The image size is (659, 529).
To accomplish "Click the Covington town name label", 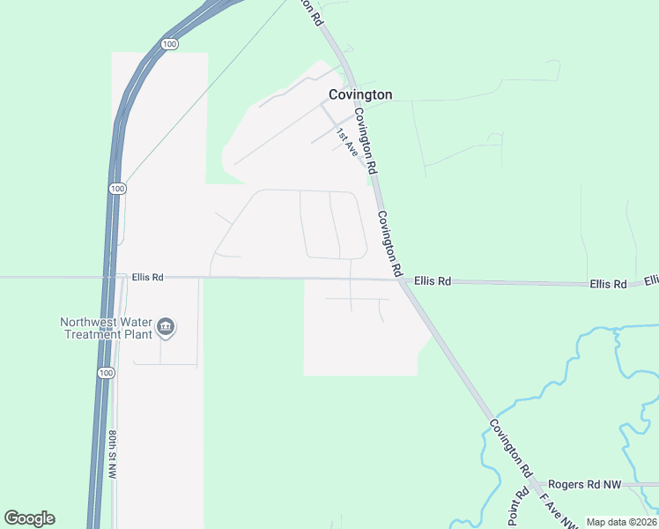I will point(360,94).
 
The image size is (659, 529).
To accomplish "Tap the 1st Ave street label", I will point(345,142).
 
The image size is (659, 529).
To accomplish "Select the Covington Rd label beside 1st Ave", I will point(367,140).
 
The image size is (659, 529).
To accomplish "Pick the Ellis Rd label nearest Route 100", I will point(148,277).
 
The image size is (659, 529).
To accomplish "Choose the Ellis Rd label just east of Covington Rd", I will point(433,281).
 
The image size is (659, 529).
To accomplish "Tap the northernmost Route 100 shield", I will point(170,43).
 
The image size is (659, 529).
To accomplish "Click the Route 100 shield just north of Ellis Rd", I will point(118,189).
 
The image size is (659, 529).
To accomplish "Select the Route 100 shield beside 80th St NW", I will point(106,373).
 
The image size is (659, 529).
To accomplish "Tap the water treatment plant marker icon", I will point(165,329).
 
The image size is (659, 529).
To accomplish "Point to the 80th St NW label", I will point(113,455).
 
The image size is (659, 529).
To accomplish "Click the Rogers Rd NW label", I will point(584,485).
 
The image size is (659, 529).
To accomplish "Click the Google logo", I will point(29,518).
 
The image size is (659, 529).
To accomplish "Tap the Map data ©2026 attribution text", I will point(622,522).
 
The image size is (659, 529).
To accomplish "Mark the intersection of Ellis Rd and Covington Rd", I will point(403,280).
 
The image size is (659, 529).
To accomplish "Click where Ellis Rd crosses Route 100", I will point(113,277).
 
